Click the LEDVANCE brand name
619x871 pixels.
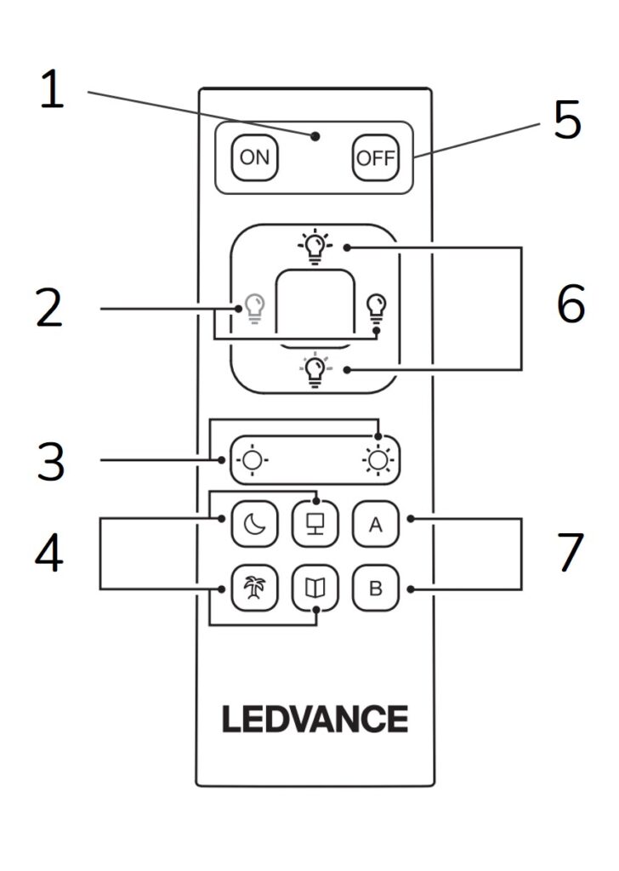(315, 719)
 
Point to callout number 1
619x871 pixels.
(53, 90)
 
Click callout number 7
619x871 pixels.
(571, 553)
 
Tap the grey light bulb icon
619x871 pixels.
(254, 308)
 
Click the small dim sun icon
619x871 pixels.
(252, 460)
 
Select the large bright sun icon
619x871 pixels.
(377, 460)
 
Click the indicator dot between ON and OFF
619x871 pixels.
(315, 136)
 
